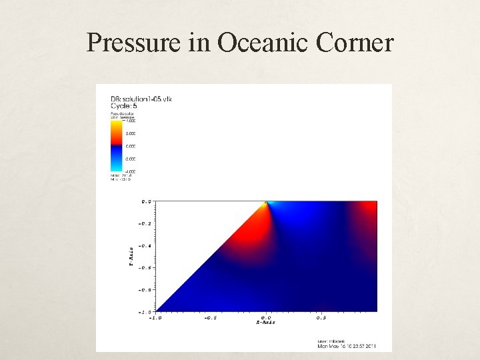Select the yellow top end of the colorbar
pos(115,123)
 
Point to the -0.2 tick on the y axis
pos(145,223)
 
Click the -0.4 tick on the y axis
pos(145,246)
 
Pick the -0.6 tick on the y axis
pos(145,268)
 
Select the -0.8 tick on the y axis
pos(145,290)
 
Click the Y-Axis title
pos(131,256)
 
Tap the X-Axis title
pos(265,323)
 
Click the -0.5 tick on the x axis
pos(210,317)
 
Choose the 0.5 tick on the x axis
pos(321,317)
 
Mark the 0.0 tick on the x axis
pos(265,317)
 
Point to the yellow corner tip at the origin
pos(266,201)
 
